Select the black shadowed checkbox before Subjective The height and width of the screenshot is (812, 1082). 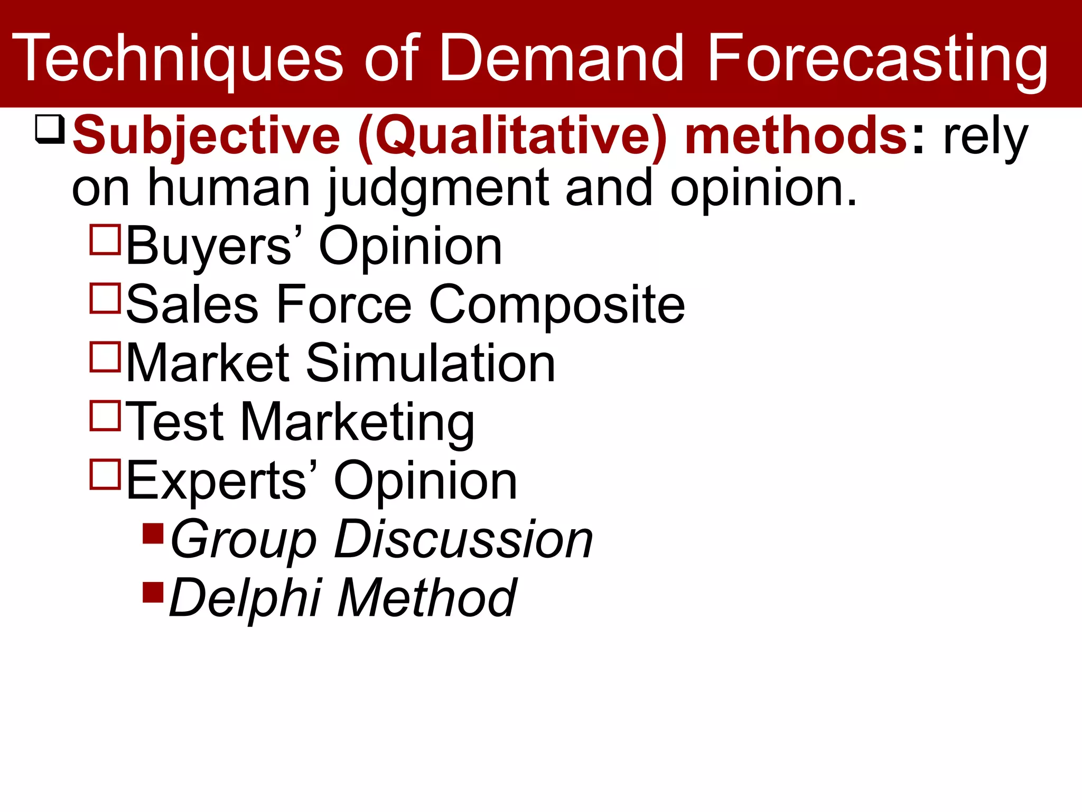[x=50, y=129]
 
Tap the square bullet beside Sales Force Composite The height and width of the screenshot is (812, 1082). [x=106, y=298]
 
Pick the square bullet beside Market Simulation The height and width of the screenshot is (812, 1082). [x=106, y=357]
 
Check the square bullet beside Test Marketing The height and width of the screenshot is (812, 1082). [x=106, y=416]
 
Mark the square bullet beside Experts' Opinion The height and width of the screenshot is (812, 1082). [x=106, y=474]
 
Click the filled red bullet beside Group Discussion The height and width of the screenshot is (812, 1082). [x=153, y=533]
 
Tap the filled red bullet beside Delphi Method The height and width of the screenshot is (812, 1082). [x=153, y=592]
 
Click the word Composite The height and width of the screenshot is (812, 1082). [x=557, y=306]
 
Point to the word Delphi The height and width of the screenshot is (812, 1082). [x=245, y=598]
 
